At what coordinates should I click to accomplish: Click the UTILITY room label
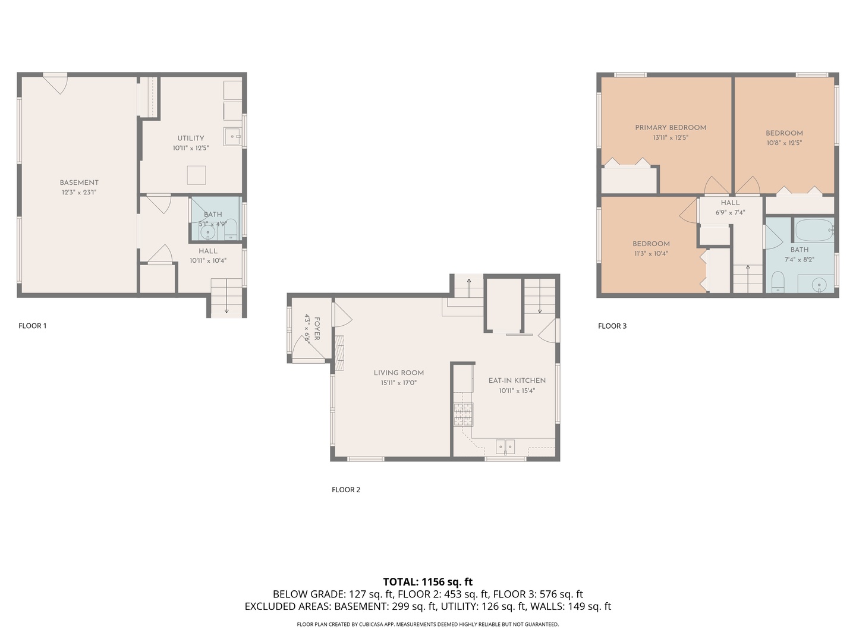tap(190, 138)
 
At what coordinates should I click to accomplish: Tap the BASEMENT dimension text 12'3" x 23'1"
tap(79, 193)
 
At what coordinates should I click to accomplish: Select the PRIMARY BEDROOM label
tap(671, 127)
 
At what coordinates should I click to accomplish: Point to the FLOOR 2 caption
tap(346, 490)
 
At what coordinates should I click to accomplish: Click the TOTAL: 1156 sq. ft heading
tap(427, 582)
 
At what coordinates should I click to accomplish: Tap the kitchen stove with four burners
tap(464, 414)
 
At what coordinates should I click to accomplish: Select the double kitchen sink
tap(505, 446)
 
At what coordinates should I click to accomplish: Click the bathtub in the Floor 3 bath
tap(814, 230)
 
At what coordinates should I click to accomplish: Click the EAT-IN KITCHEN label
tap(517, 380)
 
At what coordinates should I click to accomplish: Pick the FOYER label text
tap(317, 329)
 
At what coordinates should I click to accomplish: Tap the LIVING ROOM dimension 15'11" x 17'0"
tap(398, 383)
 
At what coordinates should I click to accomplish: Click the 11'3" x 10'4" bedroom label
tap(651, 253)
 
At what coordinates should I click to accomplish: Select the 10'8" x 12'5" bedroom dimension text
tap(784, 143)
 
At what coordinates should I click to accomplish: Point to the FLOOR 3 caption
tap(612, 326)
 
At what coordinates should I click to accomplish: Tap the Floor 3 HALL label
tap(730, 203)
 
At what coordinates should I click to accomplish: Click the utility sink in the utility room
tap(232, 136)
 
